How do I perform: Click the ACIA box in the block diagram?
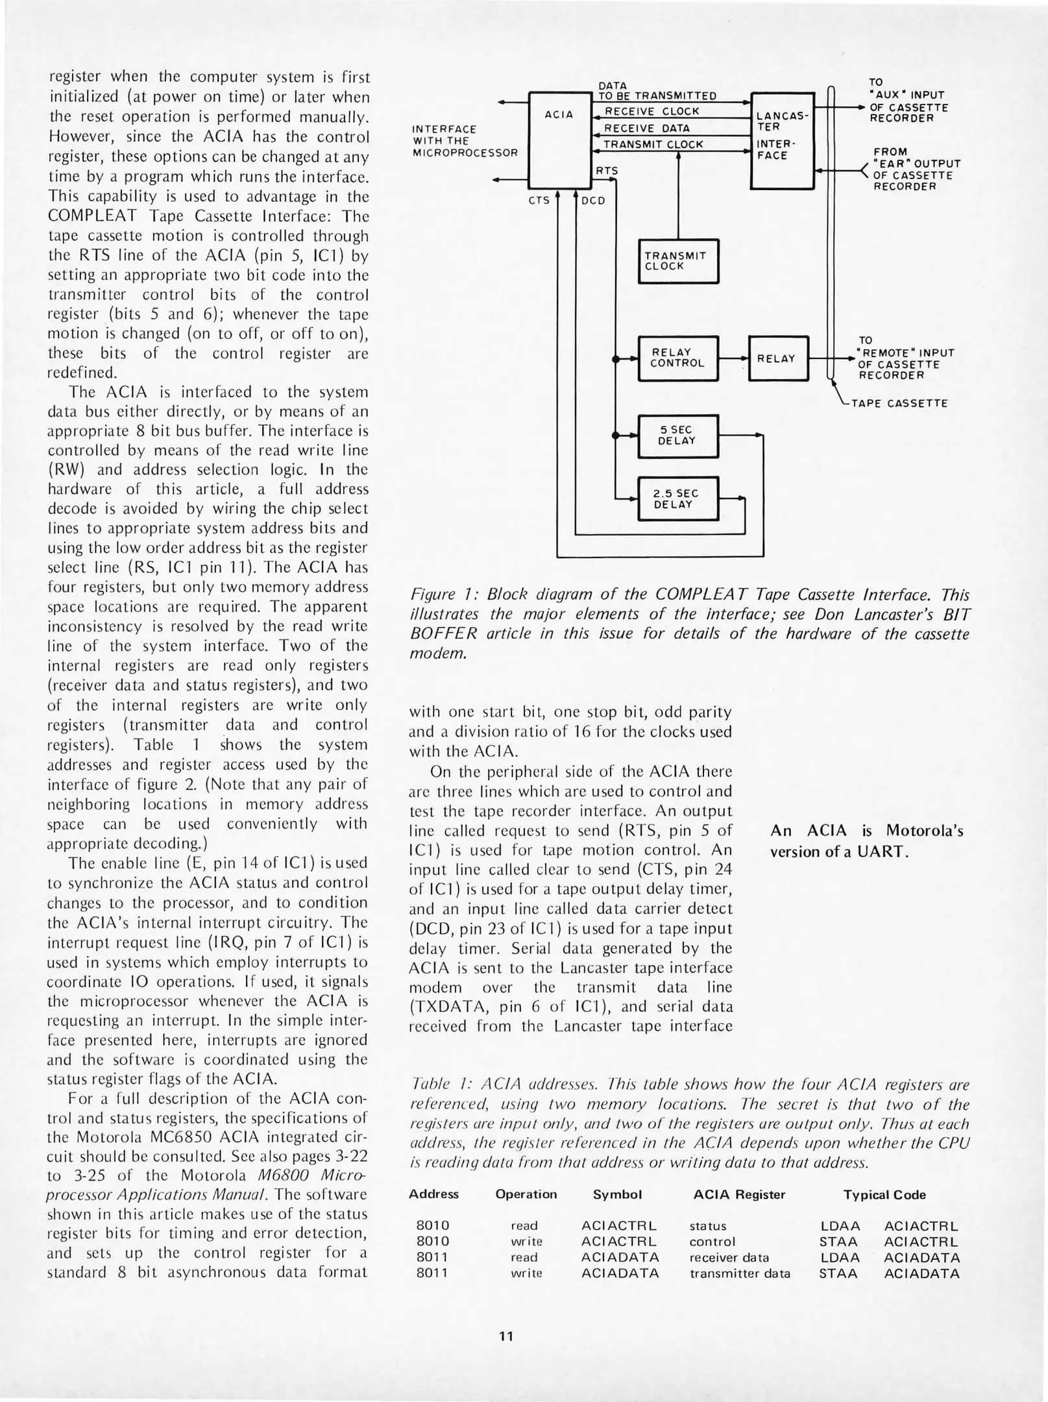[558, 140]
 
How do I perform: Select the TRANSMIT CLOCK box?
[678, 261]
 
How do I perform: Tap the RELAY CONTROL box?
[677, 358]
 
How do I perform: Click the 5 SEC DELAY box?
[677, 436]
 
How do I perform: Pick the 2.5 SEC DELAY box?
[677, 499]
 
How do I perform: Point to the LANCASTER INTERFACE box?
[781, 140]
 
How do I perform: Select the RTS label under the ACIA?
[607, 171]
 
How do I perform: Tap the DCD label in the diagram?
[593, 201]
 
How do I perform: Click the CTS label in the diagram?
[539, 201]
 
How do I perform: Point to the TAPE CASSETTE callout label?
[899, 403]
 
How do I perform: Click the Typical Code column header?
[884, 1195]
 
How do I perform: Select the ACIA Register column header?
[739, 1195]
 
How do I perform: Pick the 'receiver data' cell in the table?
[729, 1257]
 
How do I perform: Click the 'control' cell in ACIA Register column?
[712, 1242]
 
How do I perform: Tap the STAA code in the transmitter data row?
[838, 1273]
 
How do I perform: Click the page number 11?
[506, 1336]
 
